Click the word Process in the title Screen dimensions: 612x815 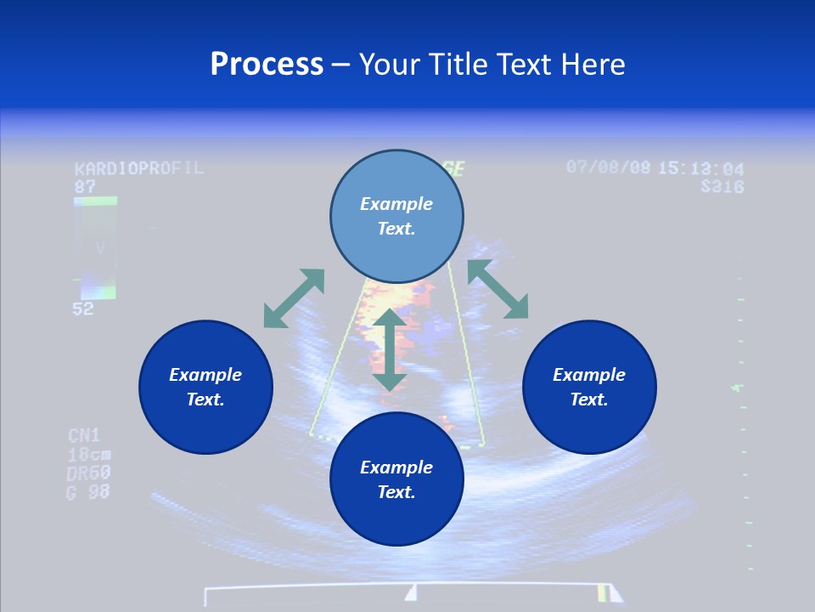(267, 65)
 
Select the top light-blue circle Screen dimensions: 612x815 (396, 217)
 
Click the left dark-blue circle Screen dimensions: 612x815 (205, 387)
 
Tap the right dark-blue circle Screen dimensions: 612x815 (589, 387)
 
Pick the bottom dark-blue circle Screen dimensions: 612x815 (396, 479)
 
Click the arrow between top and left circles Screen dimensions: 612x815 (294, 298)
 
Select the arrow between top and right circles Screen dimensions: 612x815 (497, 289)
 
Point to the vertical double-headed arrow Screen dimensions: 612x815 (390, 350)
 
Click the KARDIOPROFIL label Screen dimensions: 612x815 (139, 168)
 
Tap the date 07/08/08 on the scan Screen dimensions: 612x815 (608, 167)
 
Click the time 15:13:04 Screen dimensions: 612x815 (701, 168)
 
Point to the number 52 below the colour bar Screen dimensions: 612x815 (83, 309)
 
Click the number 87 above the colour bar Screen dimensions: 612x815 (85, 186)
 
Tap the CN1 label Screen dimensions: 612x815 (84, 436)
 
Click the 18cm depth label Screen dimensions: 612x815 (88, 455)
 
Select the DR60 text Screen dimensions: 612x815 (88, 473)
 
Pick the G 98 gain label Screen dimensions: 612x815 (87, 491)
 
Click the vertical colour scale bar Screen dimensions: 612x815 (94, 247)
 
